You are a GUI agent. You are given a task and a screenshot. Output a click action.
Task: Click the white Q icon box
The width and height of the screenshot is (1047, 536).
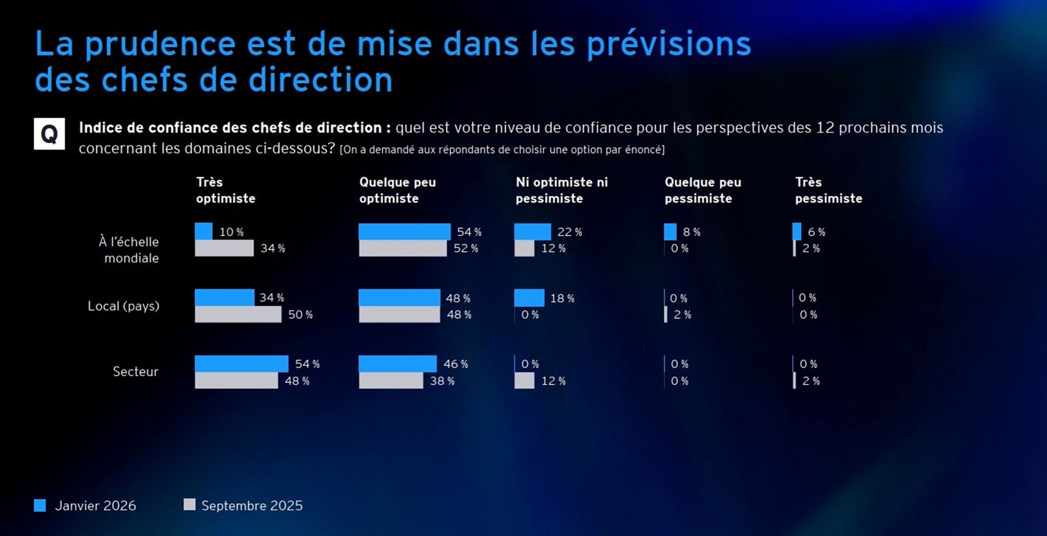point(49,134)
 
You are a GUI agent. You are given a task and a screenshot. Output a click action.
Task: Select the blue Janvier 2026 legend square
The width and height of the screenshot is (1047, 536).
point(40,505)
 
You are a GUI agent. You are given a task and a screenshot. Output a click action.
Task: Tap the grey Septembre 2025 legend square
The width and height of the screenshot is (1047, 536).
point(189,505)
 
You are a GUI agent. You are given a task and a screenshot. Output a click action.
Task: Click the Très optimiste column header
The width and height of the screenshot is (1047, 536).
point(225,190)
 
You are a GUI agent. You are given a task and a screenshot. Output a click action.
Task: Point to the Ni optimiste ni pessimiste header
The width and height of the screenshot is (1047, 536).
point(561,190)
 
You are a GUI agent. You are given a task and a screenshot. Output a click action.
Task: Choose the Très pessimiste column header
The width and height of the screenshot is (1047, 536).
point(828,190)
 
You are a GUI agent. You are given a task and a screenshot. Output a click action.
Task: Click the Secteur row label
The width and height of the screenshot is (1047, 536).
point(135,371)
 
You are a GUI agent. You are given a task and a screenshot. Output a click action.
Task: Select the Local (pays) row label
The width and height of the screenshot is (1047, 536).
point(123,306)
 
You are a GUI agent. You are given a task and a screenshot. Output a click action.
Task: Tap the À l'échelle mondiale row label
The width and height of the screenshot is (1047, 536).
point(129,250)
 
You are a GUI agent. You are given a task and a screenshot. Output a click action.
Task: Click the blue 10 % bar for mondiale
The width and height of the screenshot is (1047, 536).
point(203,231)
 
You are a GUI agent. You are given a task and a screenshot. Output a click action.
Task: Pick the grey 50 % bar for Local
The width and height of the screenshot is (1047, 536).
point(238,314)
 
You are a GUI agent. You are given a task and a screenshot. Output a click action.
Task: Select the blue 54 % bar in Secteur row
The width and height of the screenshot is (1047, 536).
point(241,364)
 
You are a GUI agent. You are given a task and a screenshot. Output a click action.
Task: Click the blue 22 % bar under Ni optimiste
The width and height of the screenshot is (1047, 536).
point(532,231)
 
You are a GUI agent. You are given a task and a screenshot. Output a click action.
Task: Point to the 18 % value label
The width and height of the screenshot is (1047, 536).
point(562,298)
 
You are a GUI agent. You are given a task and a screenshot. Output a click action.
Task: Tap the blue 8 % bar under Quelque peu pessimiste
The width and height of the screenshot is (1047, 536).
point(670,231)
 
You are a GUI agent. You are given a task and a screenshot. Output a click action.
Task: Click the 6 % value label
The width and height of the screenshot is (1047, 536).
point(816,232)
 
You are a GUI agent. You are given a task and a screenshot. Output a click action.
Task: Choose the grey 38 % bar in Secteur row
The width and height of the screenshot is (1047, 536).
point(391,381)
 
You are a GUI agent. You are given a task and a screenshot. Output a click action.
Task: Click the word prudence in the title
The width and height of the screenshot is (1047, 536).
point(160,44)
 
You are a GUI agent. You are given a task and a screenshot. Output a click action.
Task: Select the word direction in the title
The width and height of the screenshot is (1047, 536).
point(321,80)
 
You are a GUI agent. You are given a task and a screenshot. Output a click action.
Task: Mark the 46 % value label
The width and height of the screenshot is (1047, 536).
point(456,364)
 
